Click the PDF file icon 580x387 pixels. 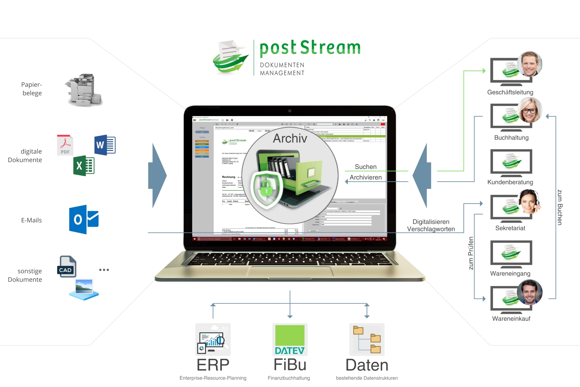[65, 145]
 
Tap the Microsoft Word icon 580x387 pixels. [105, 145]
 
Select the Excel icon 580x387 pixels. [84, 166]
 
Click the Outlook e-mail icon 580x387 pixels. [84, 219]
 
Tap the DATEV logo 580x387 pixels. [290, 340]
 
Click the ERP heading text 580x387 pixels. [213, 365]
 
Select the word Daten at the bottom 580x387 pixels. [367, 365]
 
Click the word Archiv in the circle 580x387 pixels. [290, 138]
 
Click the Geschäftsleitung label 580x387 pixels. [510, 92]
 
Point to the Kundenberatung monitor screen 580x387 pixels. [511, 161]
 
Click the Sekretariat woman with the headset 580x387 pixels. [530, 201]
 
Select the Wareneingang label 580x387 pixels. [510, 273]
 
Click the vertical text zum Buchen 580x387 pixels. [560, 207]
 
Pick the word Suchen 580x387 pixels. [366, 167]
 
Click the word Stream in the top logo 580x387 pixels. [330, 48]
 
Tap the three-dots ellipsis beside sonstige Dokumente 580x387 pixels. [104, 270]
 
